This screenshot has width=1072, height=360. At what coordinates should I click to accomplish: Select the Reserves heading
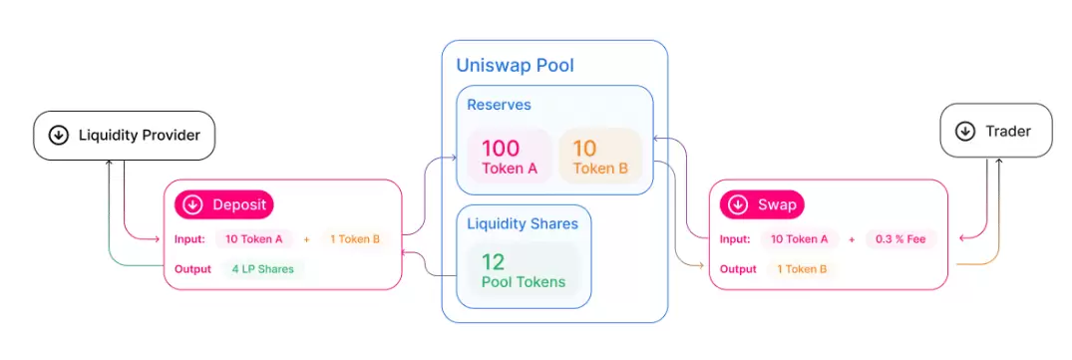click(499, 105)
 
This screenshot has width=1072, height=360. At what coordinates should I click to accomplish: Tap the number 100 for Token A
click(501, 149)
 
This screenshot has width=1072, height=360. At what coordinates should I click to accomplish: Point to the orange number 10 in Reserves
click(585, 149)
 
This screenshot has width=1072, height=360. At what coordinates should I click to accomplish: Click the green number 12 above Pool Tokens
click(493, 261)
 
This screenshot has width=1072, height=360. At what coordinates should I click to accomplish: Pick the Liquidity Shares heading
click(523, 224)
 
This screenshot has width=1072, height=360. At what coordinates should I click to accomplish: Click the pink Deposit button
click(224, 204)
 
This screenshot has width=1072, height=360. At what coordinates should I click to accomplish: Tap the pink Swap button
click(762, 204)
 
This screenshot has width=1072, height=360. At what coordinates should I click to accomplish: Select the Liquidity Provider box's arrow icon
click(59, 136)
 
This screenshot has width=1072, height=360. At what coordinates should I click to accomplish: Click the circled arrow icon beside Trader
click(965, 132)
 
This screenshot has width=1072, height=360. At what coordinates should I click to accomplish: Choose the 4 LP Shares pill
click(262, 269)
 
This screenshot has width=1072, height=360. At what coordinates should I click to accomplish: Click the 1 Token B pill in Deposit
click(355, 239)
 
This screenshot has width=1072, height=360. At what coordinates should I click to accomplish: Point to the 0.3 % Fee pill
click(900, 239)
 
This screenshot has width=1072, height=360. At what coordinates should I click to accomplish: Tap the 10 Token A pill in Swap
click(799, 239)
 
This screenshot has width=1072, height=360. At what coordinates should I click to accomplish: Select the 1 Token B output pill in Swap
click(802, 269)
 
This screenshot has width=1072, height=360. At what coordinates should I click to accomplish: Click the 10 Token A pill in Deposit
click(254, 239)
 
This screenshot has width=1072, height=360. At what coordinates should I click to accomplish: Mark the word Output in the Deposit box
click(192, 269)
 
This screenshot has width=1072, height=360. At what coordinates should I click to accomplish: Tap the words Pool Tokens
click(524, 281)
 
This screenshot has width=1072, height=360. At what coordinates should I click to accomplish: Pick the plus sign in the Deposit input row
click(307, 239)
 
